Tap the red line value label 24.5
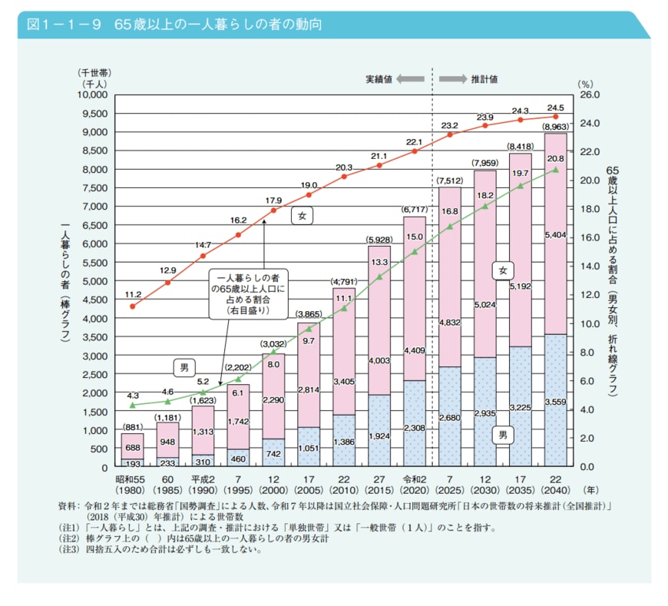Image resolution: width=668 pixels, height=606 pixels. [x=555, y=108]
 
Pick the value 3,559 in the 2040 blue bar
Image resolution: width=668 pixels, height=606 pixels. [x=555, y=402]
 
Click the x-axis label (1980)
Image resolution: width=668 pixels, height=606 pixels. [x=133, y=490]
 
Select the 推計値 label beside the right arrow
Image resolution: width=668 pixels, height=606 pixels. [x=484, y=78]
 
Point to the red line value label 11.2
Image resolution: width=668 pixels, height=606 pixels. [x=132, y=293]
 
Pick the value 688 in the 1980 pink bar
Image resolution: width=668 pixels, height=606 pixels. [x=132, y=447]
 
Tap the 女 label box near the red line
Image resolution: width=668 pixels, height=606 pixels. [x=303, y=217]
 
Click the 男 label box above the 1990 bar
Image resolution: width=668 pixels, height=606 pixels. [x=184, y=369]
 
